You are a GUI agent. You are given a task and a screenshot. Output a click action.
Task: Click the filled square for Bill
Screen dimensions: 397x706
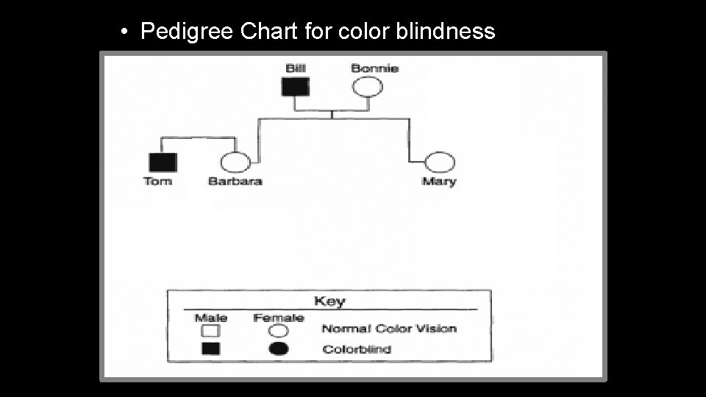tap(296, 87)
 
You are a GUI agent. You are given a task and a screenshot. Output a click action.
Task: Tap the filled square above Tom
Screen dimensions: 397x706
tap(163, 162)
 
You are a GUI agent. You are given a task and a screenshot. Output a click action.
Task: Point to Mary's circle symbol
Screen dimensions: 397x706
tap(439, 162)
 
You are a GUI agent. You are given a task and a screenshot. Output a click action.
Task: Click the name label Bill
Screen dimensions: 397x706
tap(296, 68)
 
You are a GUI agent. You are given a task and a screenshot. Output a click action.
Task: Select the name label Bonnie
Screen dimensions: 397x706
tap(374, 68)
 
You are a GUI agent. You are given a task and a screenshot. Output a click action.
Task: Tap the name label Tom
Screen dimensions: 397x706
tap(158, 182)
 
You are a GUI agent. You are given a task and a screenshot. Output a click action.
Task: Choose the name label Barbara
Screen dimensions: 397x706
tap(235, 182)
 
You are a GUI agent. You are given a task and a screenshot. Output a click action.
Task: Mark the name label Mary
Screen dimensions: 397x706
tap(439, 182)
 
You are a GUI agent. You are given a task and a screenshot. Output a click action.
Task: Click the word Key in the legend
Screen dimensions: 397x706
tap(329, 301)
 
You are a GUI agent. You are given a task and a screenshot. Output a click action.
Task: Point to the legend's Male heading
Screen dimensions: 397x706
tap(211, 318)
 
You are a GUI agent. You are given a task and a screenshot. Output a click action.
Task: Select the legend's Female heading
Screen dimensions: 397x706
tap(279, 318)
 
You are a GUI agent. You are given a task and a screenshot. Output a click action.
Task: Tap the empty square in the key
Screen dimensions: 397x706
tap(211, 331)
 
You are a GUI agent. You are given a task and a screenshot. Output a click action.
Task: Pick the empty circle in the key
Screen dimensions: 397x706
tap(279, 331)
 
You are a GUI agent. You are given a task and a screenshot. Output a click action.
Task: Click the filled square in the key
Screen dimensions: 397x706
tap(211, 349)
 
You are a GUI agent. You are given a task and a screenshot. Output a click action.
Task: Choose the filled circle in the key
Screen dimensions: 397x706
tap(279, 349)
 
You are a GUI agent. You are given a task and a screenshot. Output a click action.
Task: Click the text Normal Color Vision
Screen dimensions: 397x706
tap(389, 329)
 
